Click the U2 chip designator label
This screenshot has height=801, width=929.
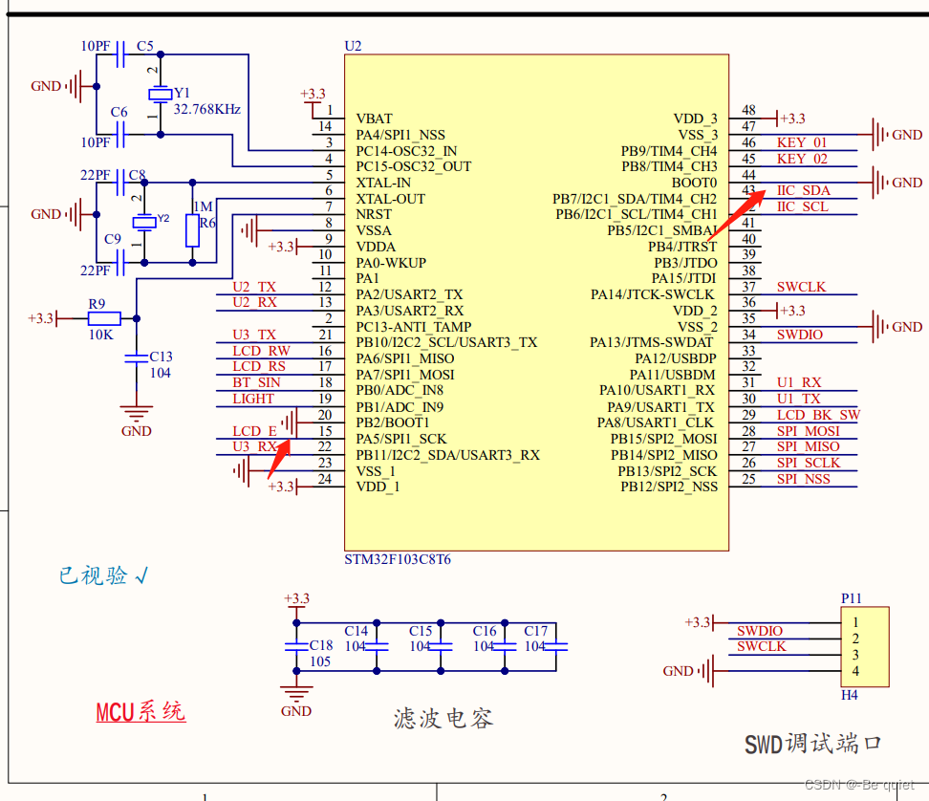[x=353, y=46]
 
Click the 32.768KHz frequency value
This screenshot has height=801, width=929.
[x=207, y=109]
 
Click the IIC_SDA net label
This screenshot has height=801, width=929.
[x=803, y=190]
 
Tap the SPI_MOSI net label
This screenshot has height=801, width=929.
[x=808, y=431]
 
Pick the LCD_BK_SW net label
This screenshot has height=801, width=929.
[x=817, y=415]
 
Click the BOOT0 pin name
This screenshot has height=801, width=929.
[x=694, y=183]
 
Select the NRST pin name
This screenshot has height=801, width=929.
[x=374, y=214]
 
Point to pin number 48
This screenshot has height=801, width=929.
[x=748, y=111]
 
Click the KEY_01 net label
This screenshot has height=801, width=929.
[x=802, y=142]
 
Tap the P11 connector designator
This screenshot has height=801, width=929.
[x=851, y=598]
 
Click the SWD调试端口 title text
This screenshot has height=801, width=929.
[x=812, y=744]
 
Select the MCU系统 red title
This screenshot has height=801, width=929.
[x=140, y=712]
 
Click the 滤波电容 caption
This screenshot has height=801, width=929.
[x=443, y=719]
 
